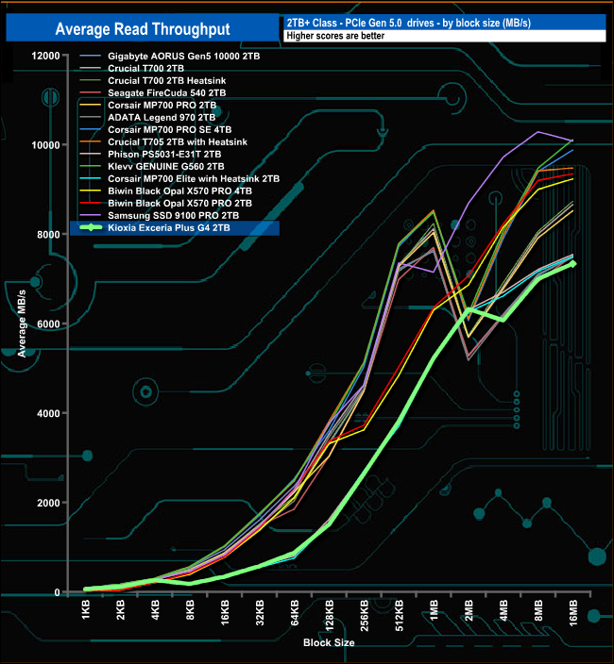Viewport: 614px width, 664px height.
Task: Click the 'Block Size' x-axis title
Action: [x=329, y=642]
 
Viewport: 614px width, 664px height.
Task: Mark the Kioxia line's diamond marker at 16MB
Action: [x=572, y=264]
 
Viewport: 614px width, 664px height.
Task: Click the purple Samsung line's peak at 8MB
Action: [x=537, y=132]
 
